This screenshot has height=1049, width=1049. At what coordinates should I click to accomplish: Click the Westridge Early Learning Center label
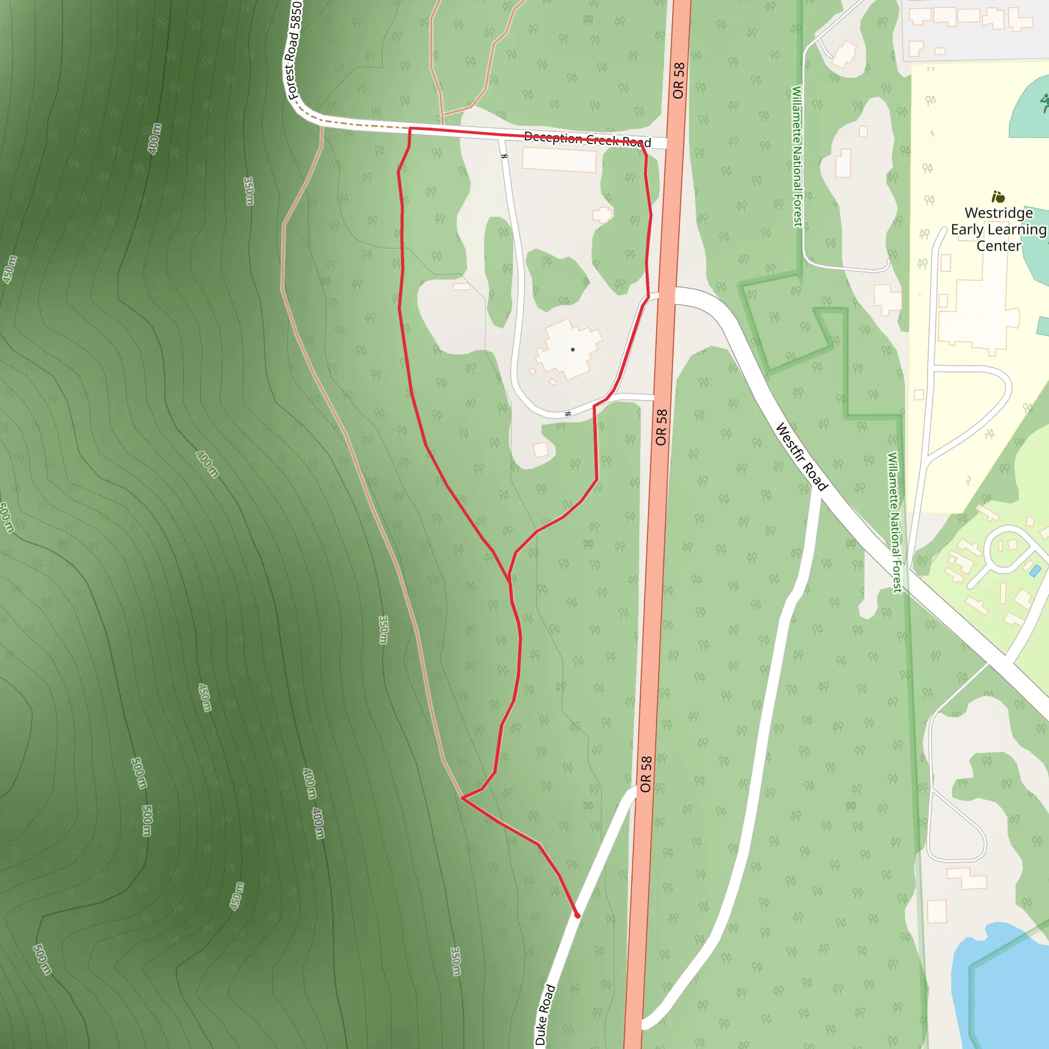[998, 229]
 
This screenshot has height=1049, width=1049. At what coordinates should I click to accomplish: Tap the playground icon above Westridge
[998, 197]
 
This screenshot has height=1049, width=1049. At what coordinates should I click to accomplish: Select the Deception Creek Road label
[587, 139]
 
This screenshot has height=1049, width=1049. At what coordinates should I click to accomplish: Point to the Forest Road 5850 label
[293, 50]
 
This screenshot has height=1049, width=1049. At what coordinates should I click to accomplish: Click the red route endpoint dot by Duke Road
[577, 915]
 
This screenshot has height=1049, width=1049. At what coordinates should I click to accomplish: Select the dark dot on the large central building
[573, 350]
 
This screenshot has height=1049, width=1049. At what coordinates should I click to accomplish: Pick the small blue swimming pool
[1035, 571]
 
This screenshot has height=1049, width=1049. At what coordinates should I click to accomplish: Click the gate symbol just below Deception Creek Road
[505, 156]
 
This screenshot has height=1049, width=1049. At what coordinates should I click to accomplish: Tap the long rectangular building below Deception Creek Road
[559, 161]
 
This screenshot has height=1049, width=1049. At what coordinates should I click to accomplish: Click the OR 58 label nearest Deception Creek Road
[679, 80]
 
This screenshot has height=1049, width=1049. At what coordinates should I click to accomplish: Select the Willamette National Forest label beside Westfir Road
[894, 522]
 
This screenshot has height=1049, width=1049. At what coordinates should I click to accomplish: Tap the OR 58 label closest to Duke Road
[645, 774]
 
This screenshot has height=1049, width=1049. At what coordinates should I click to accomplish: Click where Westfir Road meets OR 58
[667, 296]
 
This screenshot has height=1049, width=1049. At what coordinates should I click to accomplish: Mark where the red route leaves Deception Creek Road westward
[410, 129]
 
